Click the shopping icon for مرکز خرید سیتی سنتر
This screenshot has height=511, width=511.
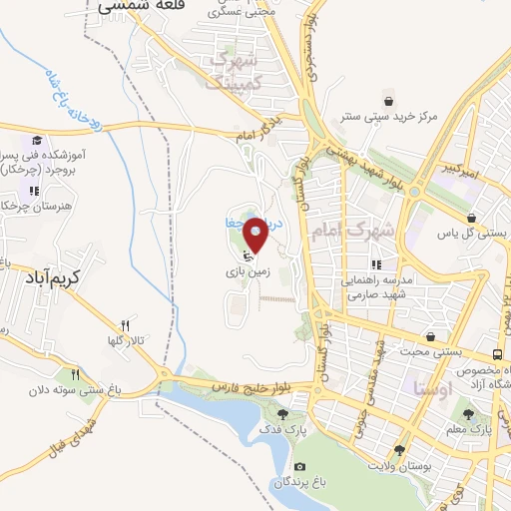coord(387,100)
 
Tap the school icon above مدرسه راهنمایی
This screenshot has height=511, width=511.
coord(376,264)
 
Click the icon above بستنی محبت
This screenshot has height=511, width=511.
coord(430,337)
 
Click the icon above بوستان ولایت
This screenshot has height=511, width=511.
coord(399,450)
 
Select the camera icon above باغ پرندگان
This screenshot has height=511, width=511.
coord(299,467)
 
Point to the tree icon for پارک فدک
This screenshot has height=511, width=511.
coord(283,414)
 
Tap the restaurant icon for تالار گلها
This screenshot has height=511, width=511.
coord(126,325)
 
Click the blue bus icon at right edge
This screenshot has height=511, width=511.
coord(498,355)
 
